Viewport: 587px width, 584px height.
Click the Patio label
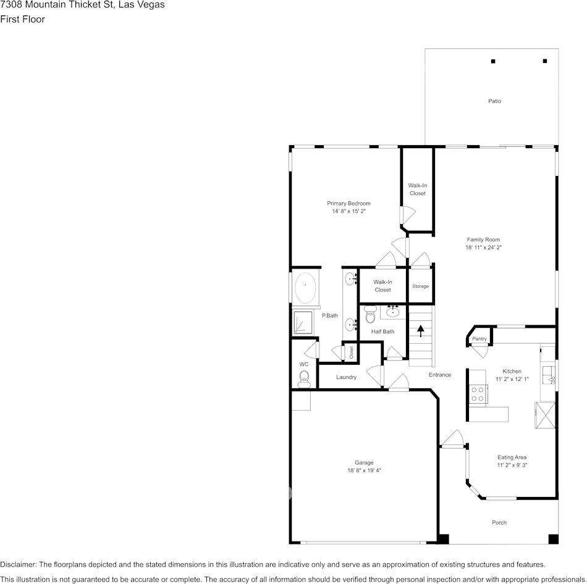(494, 101)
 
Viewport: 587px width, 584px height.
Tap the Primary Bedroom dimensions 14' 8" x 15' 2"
(348, 212)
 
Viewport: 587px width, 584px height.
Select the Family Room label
(483, 240)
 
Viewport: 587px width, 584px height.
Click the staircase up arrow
(421, 331)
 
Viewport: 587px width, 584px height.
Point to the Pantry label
(479, 339)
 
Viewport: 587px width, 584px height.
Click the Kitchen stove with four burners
(477, 394)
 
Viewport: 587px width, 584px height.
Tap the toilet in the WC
(304, 377)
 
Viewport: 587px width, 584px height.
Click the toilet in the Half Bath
(370, 317)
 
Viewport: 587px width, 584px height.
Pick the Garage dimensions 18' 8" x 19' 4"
(364, 470)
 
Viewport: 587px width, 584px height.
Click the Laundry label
(346, 377)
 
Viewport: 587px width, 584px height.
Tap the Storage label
(420, 286)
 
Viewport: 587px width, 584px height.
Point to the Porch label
(499, 523)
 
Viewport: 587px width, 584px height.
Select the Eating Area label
(512, 457)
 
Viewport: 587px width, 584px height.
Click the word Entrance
(440, 375)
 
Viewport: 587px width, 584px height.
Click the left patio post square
(493, 61)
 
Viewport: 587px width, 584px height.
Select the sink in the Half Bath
(393, 311)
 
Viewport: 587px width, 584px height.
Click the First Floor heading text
(23, 19)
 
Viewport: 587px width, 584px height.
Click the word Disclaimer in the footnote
(18, 564)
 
